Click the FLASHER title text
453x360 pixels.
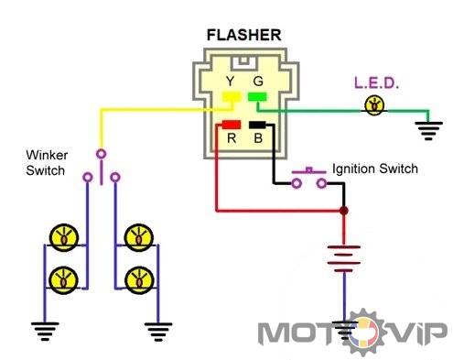pyautogui.click(x=243, y=35)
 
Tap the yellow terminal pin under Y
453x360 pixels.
pyautogui.click(x=232, y=96)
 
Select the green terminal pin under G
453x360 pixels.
pyautogui.click(x=257, y=97)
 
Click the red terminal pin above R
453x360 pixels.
pyautogui.click(x=232, y=125)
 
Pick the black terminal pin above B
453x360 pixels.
pyautogui.click(x=257, y=125)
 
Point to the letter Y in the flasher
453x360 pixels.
pyautogui.click(x=230, y=82)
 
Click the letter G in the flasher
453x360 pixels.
pyautogui.click(x=258, y=82)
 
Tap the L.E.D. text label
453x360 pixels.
pyautogui.click(x=376, y=82)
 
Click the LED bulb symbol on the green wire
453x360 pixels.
pyautogui.click(x=374, y=105)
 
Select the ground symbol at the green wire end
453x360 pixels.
pyautogui.click(x=428, y=131)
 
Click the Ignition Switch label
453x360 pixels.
pyautogui.click(x=375, y=169)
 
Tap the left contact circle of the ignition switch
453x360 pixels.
pyautogui.click(x=297, y=183)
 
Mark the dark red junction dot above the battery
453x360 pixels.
pyautogui.click(x=344, y=211)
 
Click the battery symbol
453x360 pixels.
pyautogui.click(x=344, y=258)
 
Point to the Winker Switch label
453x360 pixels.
pyautogui.click(x=47, y=162)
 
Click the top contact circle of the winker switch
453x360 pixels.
pyautogui.click(x=101, y=154)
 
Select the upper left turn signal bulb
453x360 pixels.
pyautogui.click(x=64, y=238)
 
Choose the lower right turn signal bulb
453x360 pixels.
pyautogui.click(x=139, y=280)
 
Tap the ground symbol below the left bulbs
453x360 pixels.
pyautogui.click(x=45, y=331)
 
